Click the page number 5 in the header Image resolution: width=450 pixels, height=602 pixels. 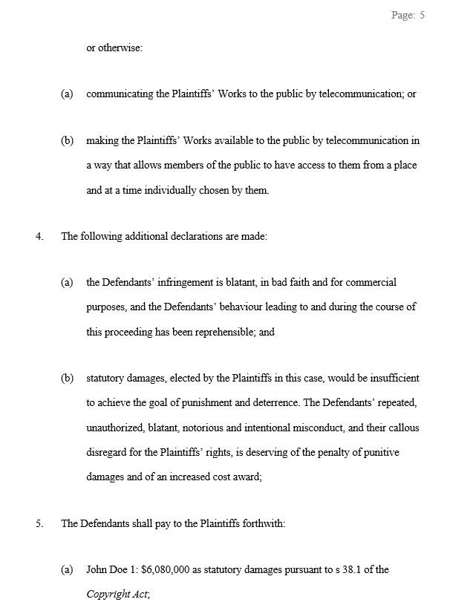point(422,15)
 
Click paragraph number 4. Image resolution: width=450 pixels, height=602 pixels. point(39,237)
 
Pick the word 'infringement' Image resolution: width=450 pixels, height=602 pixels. point(177,282)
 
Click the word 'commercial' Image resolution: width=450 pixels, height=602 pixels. point(374,282)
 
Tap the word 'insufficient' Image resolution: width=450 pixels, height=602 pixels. point(393,378)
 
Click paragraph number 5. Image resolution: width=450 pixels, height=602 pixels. point(39,523)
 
